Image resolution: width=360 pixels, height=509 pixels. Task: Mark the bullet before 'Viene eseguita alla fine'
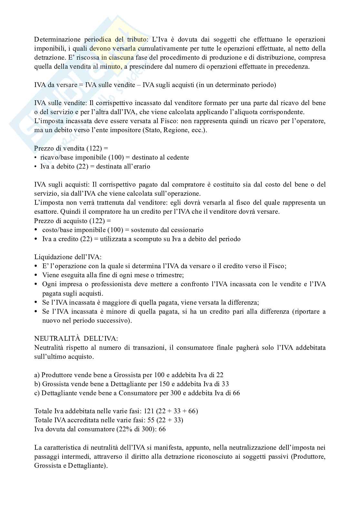click(x=36, y=275)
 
